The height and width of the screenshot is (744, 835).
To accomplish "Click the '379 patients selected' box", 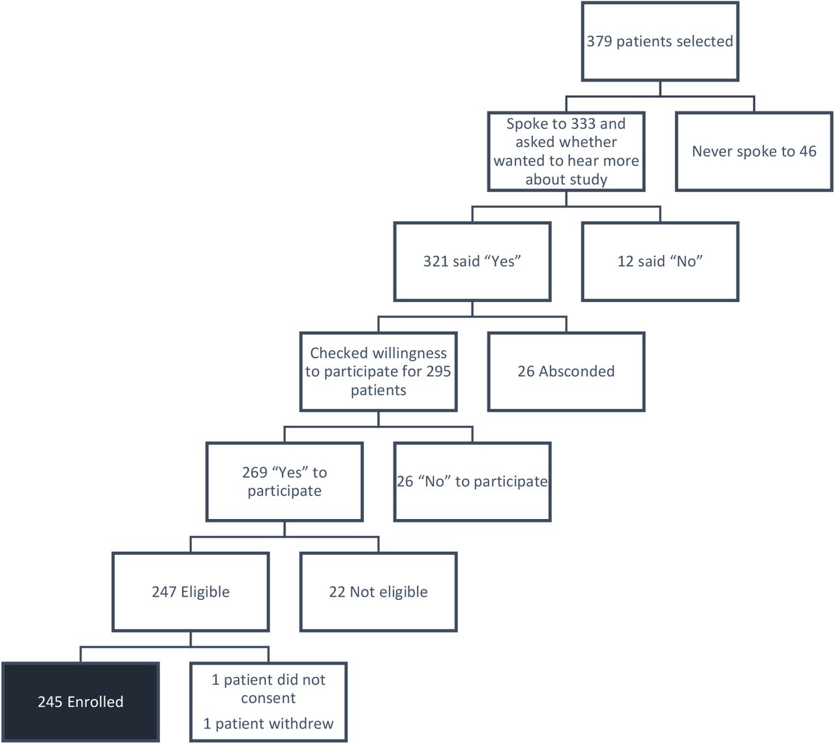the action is (660, 41).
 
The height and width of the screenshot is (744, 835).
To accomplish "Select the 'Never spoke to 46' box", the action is (754, 151).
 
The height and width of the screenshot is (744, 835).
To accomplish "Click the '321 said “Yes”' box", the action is (472, 261).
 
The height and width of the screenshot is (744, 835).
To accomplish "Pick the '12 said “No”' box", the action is (660, 261).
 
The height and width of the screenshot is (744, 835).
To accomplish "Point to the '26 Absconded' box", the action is (566, 372).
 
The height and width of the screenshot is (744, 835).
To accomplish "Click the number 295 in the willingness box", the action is (438, 371).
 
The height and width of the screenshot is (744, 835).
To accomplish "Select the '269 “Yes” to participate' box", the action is (284, 482).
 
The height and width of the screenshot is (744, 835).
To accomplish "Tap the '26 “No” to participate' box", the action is (472, 482).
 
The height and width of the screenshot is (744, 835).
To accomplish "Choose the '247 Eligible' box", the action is (190, 592).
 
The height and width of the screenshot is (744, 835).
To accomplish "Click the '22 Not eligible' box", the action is (378, 592).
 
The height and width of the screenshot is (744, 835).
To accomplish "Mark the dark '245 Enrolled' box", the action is (80, 702).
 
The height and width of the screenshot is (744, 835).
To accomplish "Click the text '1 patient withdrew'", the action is (268, 723).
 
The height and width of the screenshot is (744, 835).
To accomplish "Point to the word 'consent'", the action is (268, 698).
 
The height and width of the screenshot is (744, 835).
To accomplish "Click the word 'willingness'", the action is (409, 353).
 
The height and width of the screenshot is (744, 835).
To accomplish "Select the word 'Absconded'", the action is (577, 371).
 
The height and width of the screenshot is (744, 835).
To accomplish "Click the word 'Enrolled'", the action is (95, 702).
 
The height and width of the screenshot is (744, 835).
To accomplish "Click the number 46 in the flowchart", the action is (808, 151).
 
